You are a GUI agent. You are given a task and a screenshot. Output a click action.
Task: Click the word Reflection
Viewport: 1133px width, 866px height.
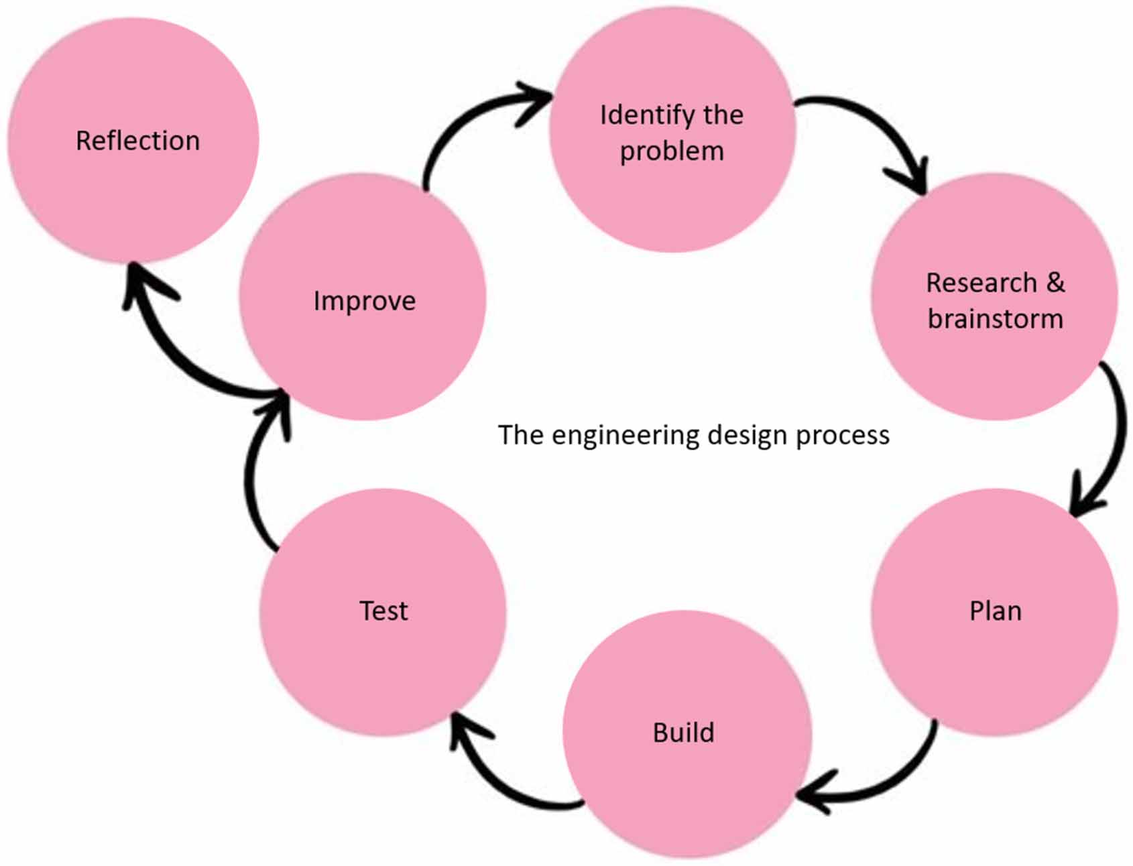click(x=137, y=141)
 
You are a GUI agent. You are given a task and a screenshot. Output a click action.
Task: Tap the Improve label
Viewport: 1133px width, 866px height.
click(x=364, y=301)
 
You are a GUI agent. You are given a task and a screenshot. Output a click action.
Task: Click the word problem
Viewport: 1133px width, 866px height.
click(x=672, y=151)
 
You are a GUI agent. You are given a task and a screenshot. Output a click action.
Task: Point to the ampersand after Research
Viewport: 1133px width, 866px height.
click(x=1055, y=282)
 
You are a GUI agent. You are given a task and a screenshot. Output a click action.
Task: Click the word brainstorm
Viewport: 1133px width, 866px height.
click(x=995, y=319)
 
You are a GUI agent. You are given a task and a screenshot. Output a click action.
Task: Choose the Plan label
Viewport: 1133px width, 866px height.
click(x=995, y=611)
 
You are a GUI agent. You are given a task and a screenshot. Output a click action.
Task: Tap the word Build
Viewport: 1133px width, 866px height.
click(x=683, y=733)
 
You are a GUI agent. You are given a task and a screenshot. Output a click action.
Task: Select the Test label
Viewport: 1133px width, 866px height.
click(x=383, y=611)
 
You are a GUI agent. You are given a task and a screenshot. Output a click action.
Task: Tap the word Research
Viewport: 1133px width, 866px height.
click(x=981, y=282)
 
